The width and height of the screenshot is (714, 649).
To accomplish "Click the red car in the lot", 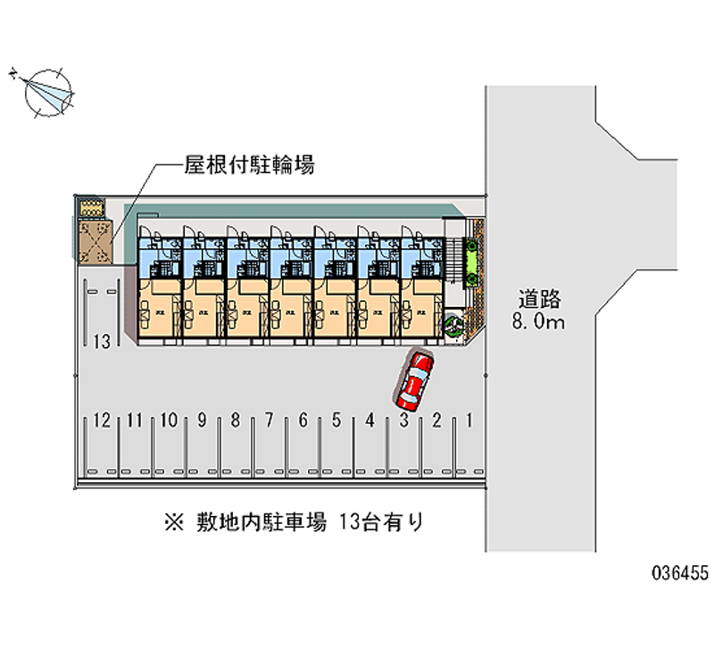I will (x=415, y=378).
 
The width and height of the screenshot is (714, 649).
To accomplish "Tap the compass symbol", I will (x=47, y=92).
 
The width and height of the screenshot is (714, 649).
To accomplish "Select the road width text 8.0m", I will (x=538, y=321).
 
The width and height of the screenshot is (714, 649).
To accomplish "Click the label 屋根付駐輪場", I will (x=236, y=165).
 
